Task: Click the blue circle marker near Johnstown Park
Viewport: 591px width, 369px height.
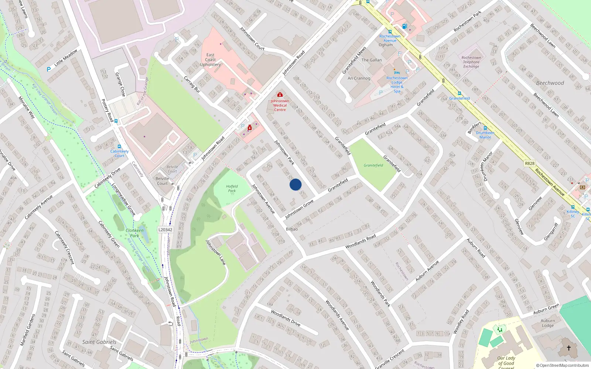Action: (295, 184)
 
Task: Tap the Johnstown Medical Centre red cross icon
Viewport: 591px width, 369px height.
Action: (280, 95)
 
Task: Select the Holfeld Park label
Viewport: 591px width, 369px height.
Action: (232, 189)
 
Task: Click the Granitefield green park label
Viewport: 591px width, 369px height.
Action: (373, 165)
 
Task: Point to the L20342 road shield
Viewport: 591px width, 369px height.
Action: (165, 230)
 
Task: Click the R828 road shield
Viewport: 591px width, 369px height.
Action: (529, 163)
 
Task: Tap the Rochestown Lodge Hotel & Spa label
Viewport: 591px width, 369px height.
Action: (397, 85)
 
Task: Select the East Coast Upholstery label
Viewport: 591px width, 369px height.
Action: (210, 59)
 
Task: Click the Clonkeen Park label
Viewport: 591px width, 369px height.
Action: (134, 233)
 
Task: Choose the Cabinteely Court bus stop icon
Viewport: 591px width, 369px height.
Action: (119, 146)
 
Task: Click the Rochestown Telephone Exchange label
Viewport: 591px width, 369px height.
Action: (471, 62)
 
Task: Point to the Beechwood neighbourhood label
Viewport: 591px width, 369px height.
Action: (550, 83)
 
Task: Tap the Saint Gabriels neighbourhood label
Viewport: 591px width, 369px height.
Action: (99, 342)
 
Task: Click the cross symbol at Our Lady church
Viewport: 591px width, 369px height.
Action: (569, 348)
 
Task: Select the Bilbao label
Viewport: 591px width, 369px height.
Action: (291, 229)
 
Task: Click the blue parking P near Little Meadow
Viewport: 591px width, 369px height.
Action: (48, 69)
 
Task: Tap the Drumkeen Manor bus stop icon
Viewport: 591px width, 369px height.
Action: (485, 128)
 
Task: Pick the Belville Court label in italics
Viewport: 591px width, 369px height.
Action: (172, 169)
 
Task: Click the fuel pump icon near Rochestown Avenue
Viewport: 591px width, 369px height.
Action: (404, 26)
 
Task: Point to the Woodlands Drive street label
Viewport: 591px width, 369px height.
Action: (285, 318)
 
